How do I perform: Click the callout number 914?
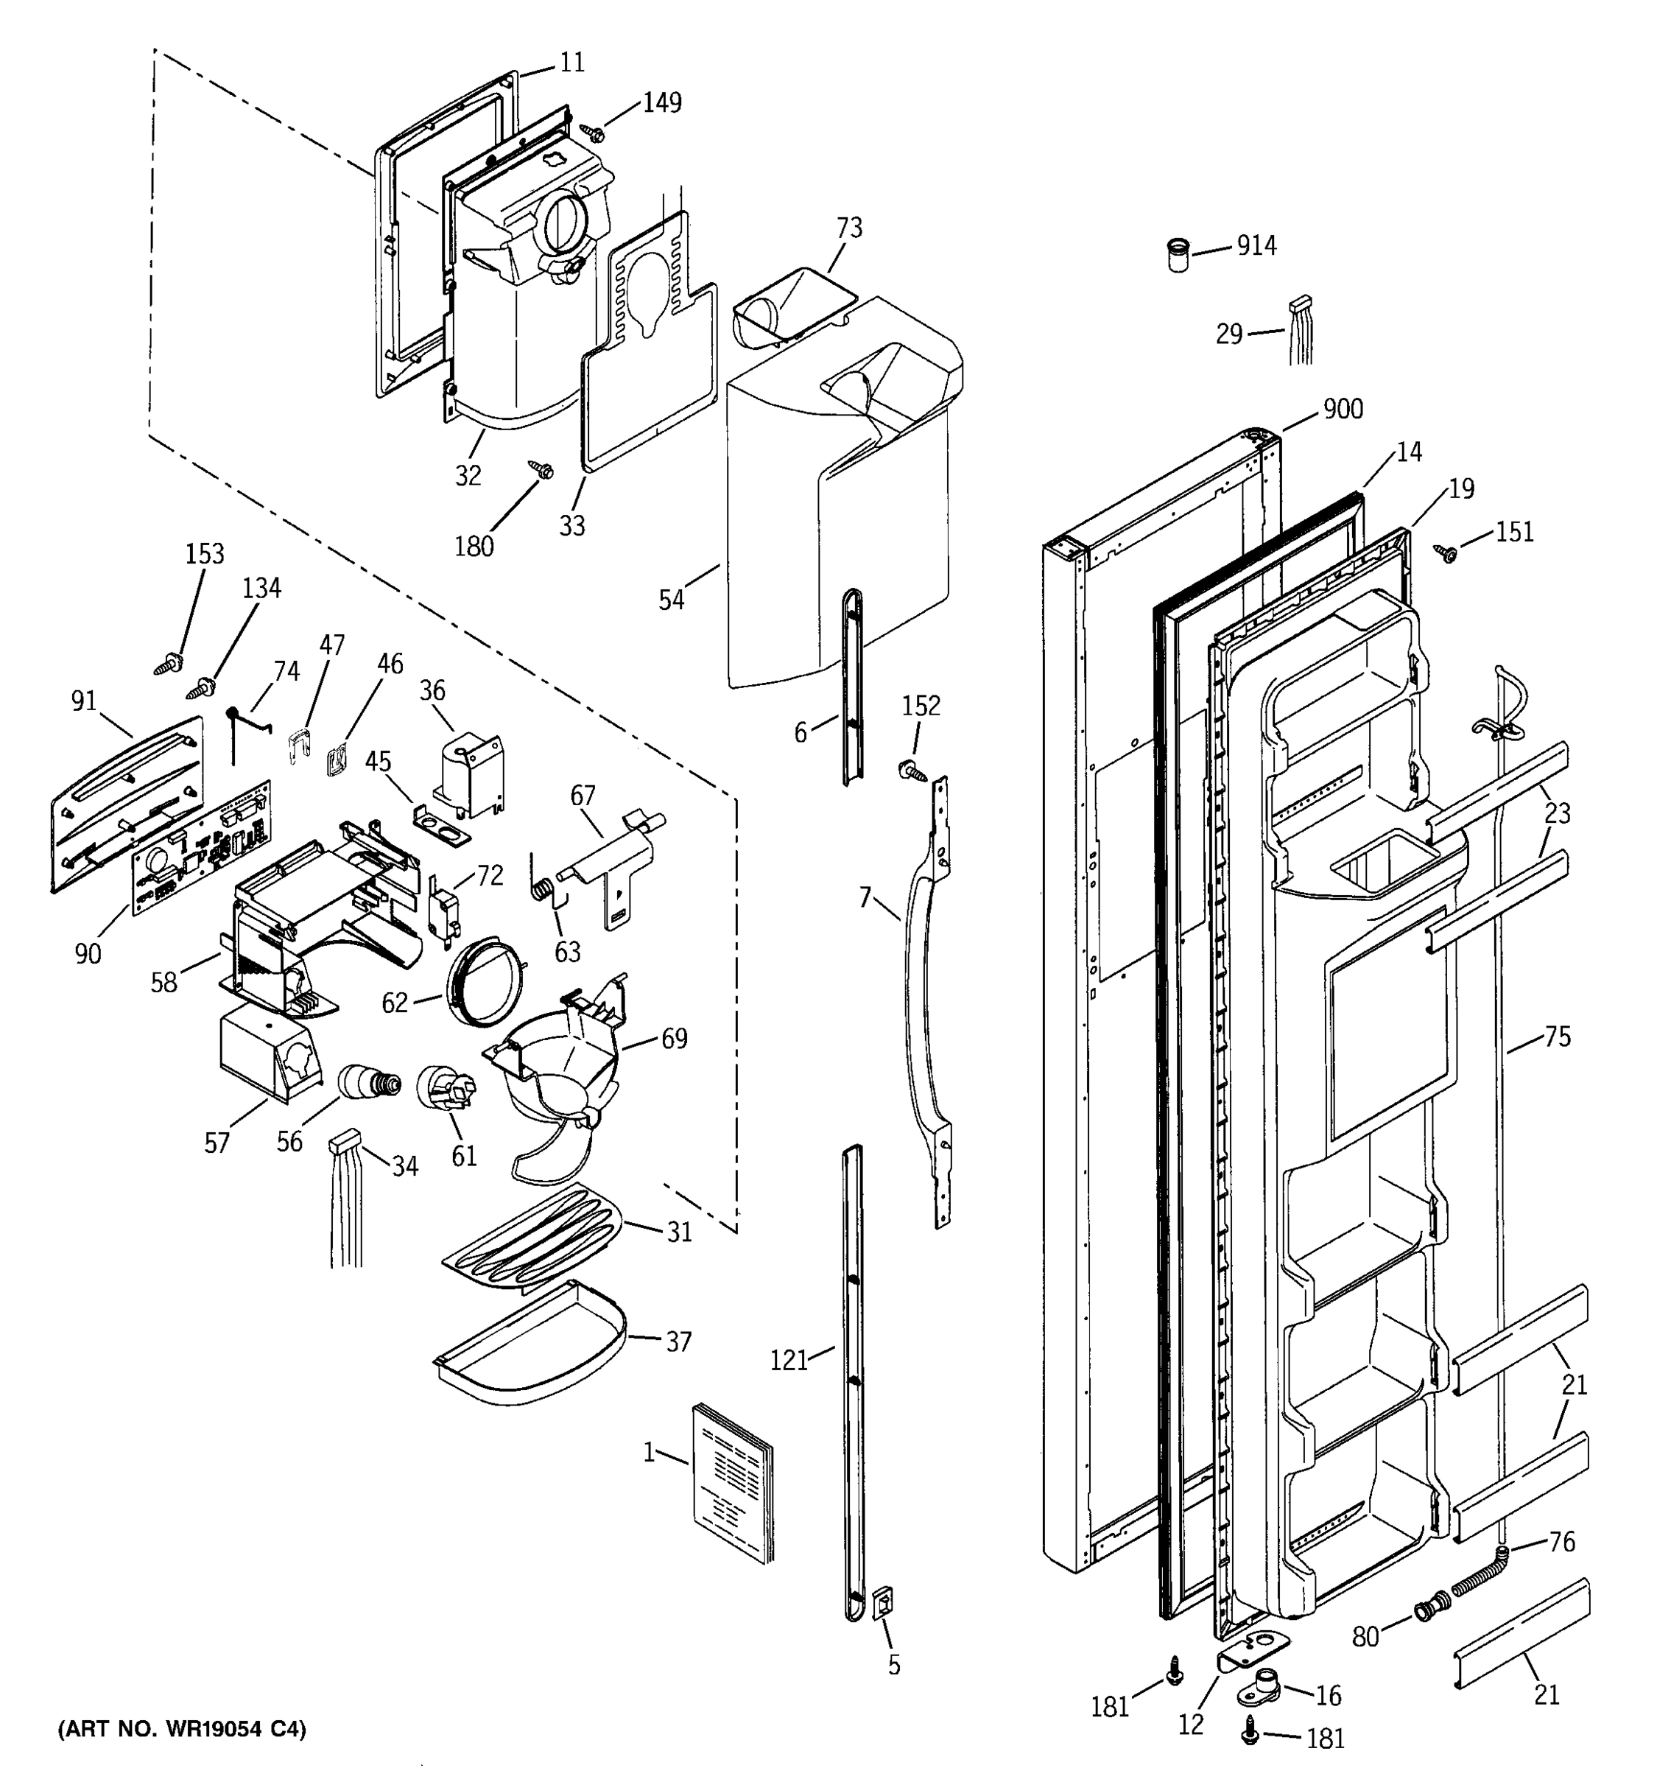[1256, 245]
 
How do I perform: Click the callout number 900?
[1343, 409]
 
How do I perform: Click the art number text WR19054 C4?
[182, 1729]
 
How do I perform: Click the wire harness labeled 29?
[1302, 331]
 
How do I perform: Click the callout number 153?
[205, 554]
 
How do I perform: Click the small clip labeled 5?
[883, 1602]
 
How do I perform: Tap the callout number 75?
[1557, 1036]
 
